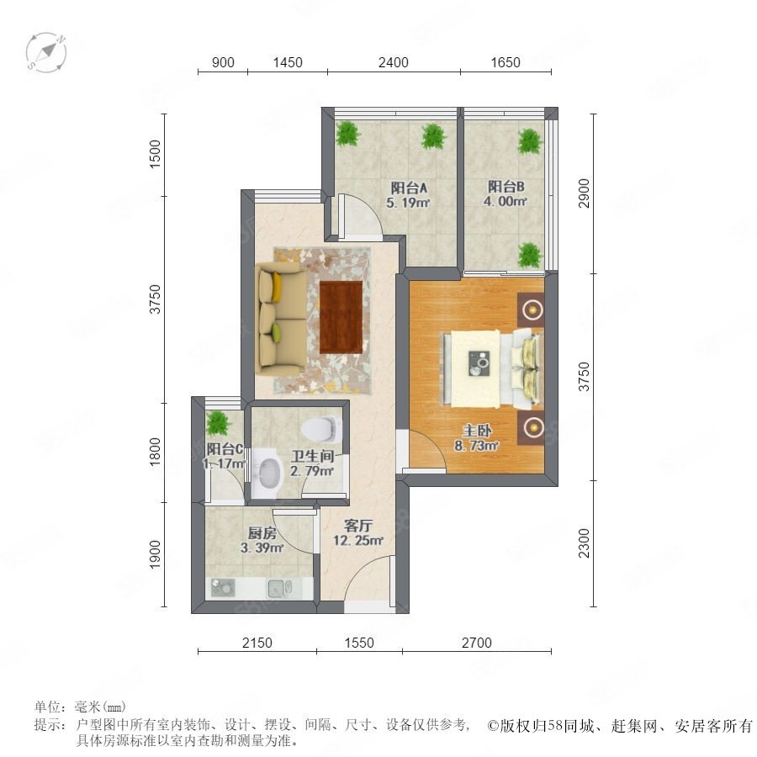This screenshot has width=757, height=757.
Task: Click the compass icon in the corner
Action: (46, 53)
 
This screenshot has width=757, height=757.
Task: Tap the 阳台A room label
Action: (409, 188)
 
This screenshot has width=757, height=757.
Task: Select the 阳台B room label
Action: (506, 187)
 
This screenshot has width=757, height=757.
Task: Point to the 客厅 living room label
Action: (357, 525)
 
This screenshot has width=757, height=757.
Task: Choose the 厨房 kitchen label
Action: (262, 533)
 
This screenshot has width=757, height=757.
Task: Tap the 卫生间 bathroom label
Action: (312, 456)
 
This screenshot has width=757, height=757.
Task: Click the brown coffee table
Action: (341, 317)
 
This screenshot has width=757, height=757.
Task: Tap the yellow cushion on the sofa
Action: (277, 288)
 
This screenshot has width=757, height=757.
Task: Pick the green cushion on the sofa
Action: (276, 332)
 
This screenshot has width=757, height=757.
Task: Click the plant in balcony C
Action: (218, 423)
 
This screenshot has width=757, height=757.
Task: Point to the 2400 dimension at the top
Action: (394, 62)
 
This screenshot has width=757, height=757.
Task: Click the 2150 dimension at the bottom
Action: (257, 643)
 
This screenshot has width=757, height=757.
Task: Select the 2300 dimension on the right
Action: (585, 543)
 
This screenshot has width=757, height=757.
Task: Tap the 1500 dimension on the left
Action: (155, 154)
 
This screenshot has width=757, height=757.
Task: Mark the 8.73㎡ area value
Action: (476, 446)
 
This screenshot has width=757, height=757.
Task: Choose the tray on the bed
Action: (479, 363)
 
